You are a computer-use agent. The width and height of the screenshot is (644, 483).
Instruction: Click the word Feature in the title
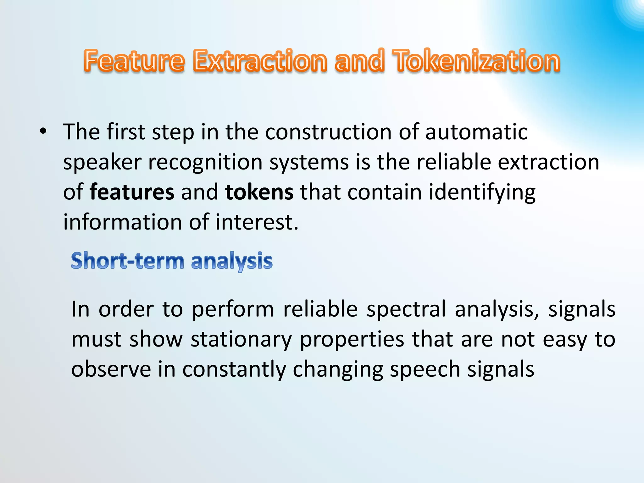pyautogui.click(x=134, y=60)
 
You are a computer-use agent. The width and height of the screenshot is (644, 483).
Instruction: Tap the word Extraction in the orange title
pyautogui.click(x=260, y=60)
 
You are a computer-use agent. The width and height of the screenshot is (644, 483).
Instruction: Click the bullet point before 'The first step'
pyautogui.click(x=43, y=132)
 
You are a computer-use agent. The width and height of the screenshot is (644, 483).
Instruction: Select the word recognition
pyautogui.click(x=205, y=162)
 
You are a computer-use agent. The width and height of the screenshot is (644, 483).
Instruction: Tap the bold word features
pyautogui.click(x=132, y=192)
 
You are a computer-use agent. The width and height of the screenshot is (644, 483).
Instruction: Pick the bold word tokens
pyautogui.click(x=259, y=192)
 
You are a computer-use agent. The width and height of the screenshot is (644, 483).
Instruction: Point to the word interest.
pyautogui.click(x=256, y=222)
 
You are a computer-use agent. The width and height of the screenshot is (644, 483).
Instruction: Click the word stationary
pyautogui.click(x=241, y=340)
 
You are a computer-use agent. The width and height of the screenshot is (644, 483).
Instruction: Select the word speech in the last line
pyautogui.click(x=425, y=370)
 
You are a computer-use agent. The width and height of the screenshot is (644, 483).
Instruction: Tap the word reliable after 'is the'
pyautogui.click(x=454, y=162)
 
